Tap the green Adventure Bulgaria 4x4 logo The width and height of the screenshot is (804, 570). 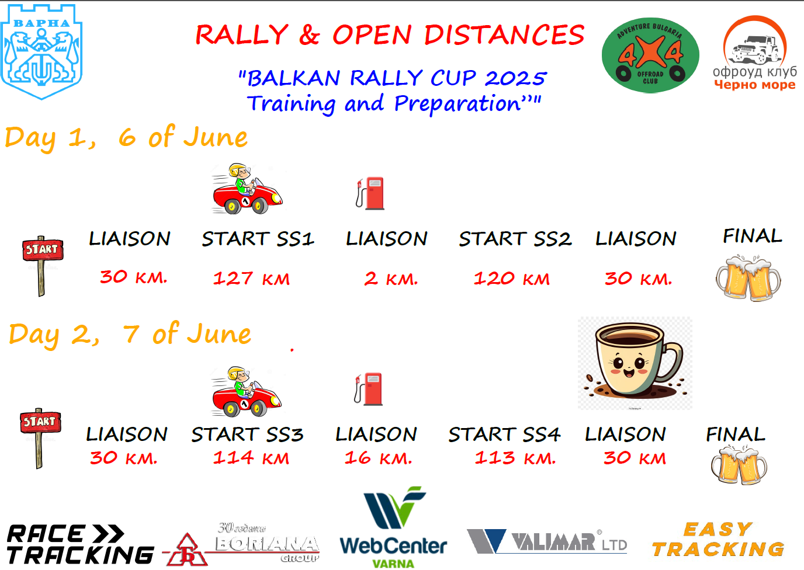point(650,55)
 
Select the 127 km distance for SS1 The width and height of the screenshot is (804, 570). point(251,279)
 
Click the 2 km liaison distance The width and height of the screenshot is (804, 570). point(391,279)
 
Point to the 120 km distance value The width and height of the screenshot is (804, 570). point(511,279)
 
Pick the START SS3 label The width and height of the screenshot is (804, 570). point(247,435)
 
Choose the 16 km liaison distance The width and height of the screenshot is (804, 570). point(378,458)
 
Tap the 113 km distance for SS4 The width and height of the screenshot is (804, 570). point(515,458)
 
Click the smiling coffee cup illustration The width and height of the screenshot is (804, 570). point(635,363)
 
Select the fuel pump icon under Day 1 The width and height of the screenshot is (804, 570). point(370,193)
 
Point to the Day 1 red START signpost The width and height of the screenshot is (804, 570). point(42,266)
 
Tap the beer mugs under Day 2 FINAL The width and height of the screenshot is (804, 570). point(739,465)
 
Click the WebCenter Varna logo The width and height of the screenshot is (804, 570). point(393,527)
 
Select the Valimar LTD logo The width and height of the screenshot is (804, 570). point(547,541)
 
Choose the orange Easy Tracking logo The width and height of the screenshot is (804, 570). point(719,539)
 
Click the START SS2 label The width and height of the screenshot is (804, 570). point(515,239)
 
